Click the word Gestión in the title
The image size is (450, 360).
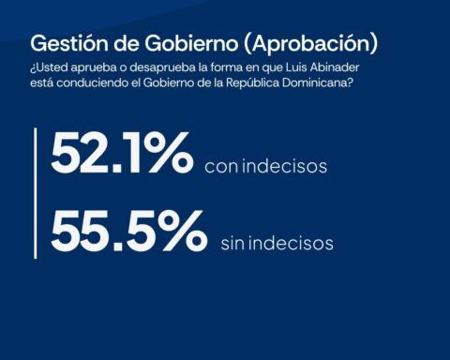(69, 43)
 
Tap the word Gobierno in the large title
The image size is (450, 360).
(191, 43)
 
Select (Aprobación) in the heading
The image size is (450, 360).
(310, 44)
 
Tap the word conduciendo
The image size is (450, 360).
(93, 83)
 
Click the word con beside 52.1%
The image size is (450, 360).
(221, 167)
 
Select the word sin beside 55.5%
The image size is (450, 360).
(232, 243)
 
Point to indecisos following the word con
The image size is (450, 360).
(285, 166)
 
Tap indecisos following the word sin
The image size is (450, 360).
(291, 243)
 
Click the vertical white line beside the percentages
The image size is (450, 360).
(36, 193)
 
